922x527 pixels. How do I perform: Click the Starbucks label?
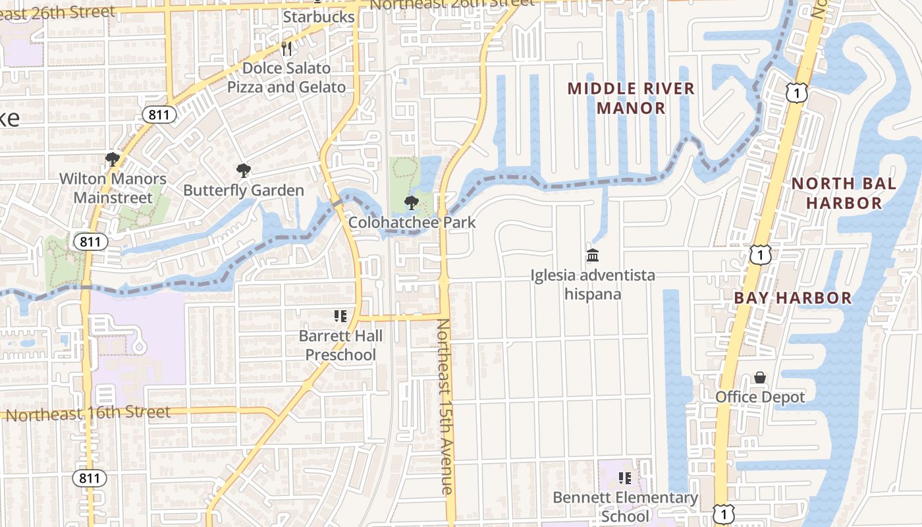click(x=319, y=16)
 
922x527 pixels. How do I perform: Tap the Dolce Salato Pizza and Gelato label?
click(x=286, y=78)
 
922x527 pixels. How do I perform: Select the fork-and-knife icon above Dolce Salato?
click(x=286, y=48)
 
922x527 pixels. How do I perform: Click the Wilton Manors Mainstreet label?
click(x=113, y=188)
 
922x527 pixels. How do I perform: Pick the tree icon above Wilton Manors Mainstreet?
click(x=113, y=159)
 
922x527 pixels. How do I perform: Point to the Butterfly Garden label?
click(x=244, y=190)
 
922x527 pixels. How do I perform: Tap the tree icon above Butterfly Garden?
click(x=244, y=171)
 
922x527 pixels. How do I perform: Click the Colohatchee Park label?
click(x=412, y=222)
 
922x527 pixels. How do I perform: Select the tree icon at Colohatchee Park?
click(x=412, y=202)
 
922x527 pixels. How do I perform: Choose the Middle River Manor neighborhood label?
click(x=631, y=98)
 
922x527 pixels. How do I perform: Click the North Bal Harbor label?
click(x=844, y=193)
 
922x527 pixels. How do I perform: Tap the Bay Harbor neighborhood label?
click(x=793, y=298)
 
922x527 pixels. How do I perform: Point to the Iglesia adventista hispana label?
click(x=593, y=284)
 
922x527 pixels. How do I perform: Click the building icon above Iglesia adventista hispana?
click(x=593, y=255)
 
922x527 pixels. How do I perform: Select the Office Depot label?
click(x=760, y=397)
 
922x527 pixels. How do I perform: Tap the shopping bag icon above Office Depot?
click(x=760, y=377)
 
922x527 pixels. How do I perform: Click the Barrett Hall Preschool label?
click(x=340, y=345)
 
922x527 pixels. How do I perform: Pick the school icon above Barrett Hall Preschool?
click(x=340, y=316)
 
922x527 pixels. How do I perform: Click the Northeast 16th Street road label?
click(x=88, y=414)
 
